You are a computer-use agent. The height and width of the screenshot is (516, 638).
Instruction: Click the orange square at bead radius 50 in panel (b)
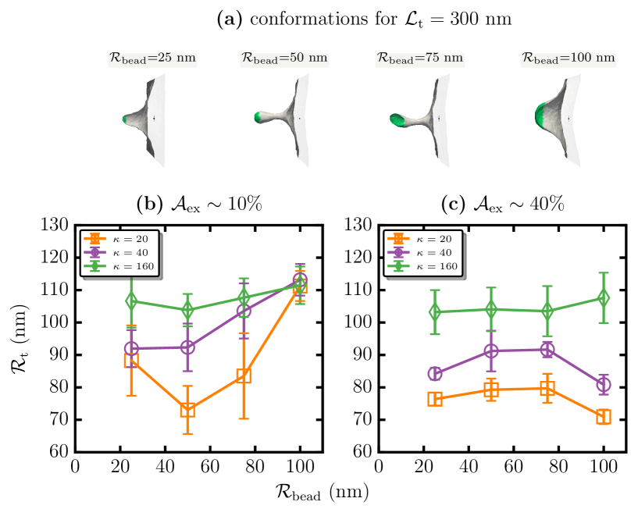click(187, 410)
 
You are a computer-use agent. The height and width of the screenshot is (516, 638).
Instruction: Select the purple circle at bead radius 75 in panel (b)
click(244, 311)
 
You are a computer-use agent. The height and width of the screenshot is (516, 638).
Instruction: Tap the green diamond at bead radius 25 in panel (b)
click(131, 301)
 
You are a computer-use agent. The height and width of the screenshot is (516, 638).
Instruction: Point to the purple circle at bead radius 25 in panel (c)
click(435, 374)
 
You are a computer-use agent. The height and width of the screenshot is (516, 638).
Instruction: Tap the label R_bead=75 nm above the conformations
click(419, 57)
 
